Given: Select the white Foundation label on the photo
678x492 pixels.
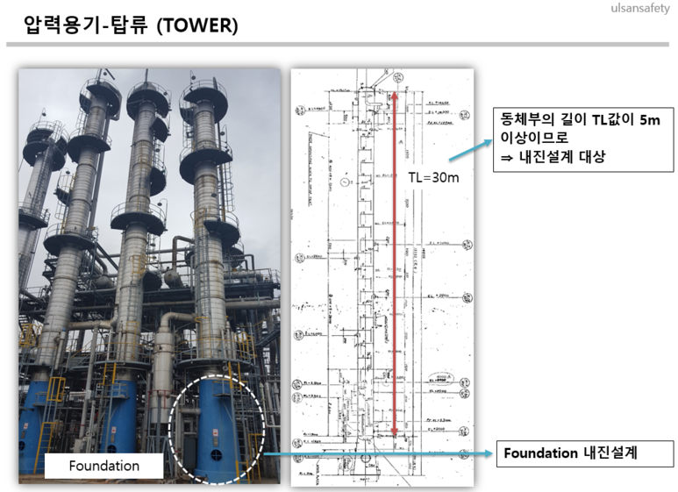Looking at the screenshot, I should coord(103,466).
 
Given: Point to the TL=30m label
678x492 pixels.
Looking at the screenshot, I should coord(433,177).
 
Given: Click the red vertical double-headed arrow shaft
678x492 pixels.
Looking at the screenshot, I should coord(396,263).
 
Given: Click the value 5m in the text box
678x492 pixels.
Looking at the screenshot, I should coord(647,120).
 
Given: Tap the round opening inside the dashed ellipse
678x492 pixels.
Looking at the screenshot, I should coord(215,455).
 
